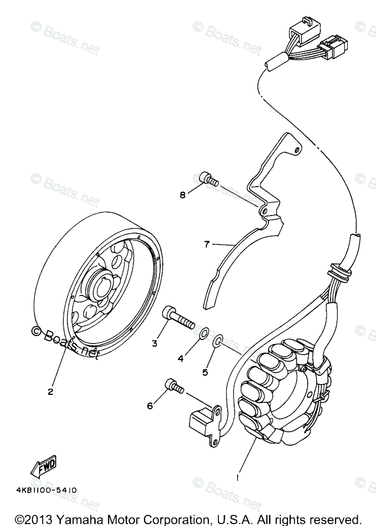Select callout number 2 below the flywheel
tap(50, 391)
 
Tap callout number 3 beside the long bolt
tap(154, 343)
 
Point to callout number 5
tap(205, 372)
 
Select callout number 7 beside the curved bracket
tap(206, 245)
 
